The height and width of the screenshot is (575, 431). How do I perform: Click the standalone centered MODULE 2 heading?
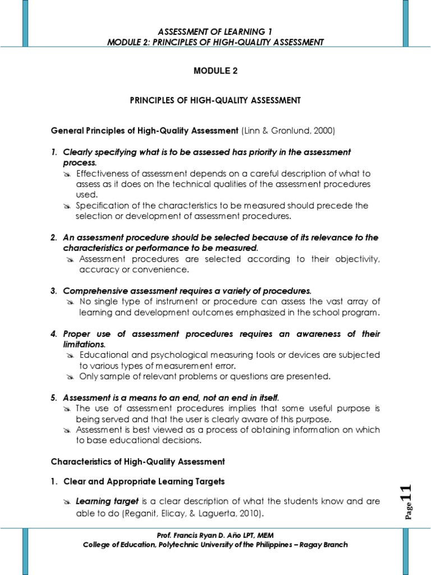click(x=215, y=71)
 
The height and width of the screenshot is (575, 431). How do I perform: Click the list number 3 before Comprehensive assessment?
click(x=54, y=290)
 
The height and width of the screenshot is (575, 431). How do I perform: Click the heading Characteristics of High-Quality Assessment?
click(x=137, y=462)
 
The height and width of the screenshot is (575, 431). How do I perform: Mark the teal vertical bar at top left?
click(x=25, y=22)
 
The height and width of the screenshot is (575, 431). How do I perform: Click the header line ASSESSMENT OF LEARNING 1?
click(x=215, y=32)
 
